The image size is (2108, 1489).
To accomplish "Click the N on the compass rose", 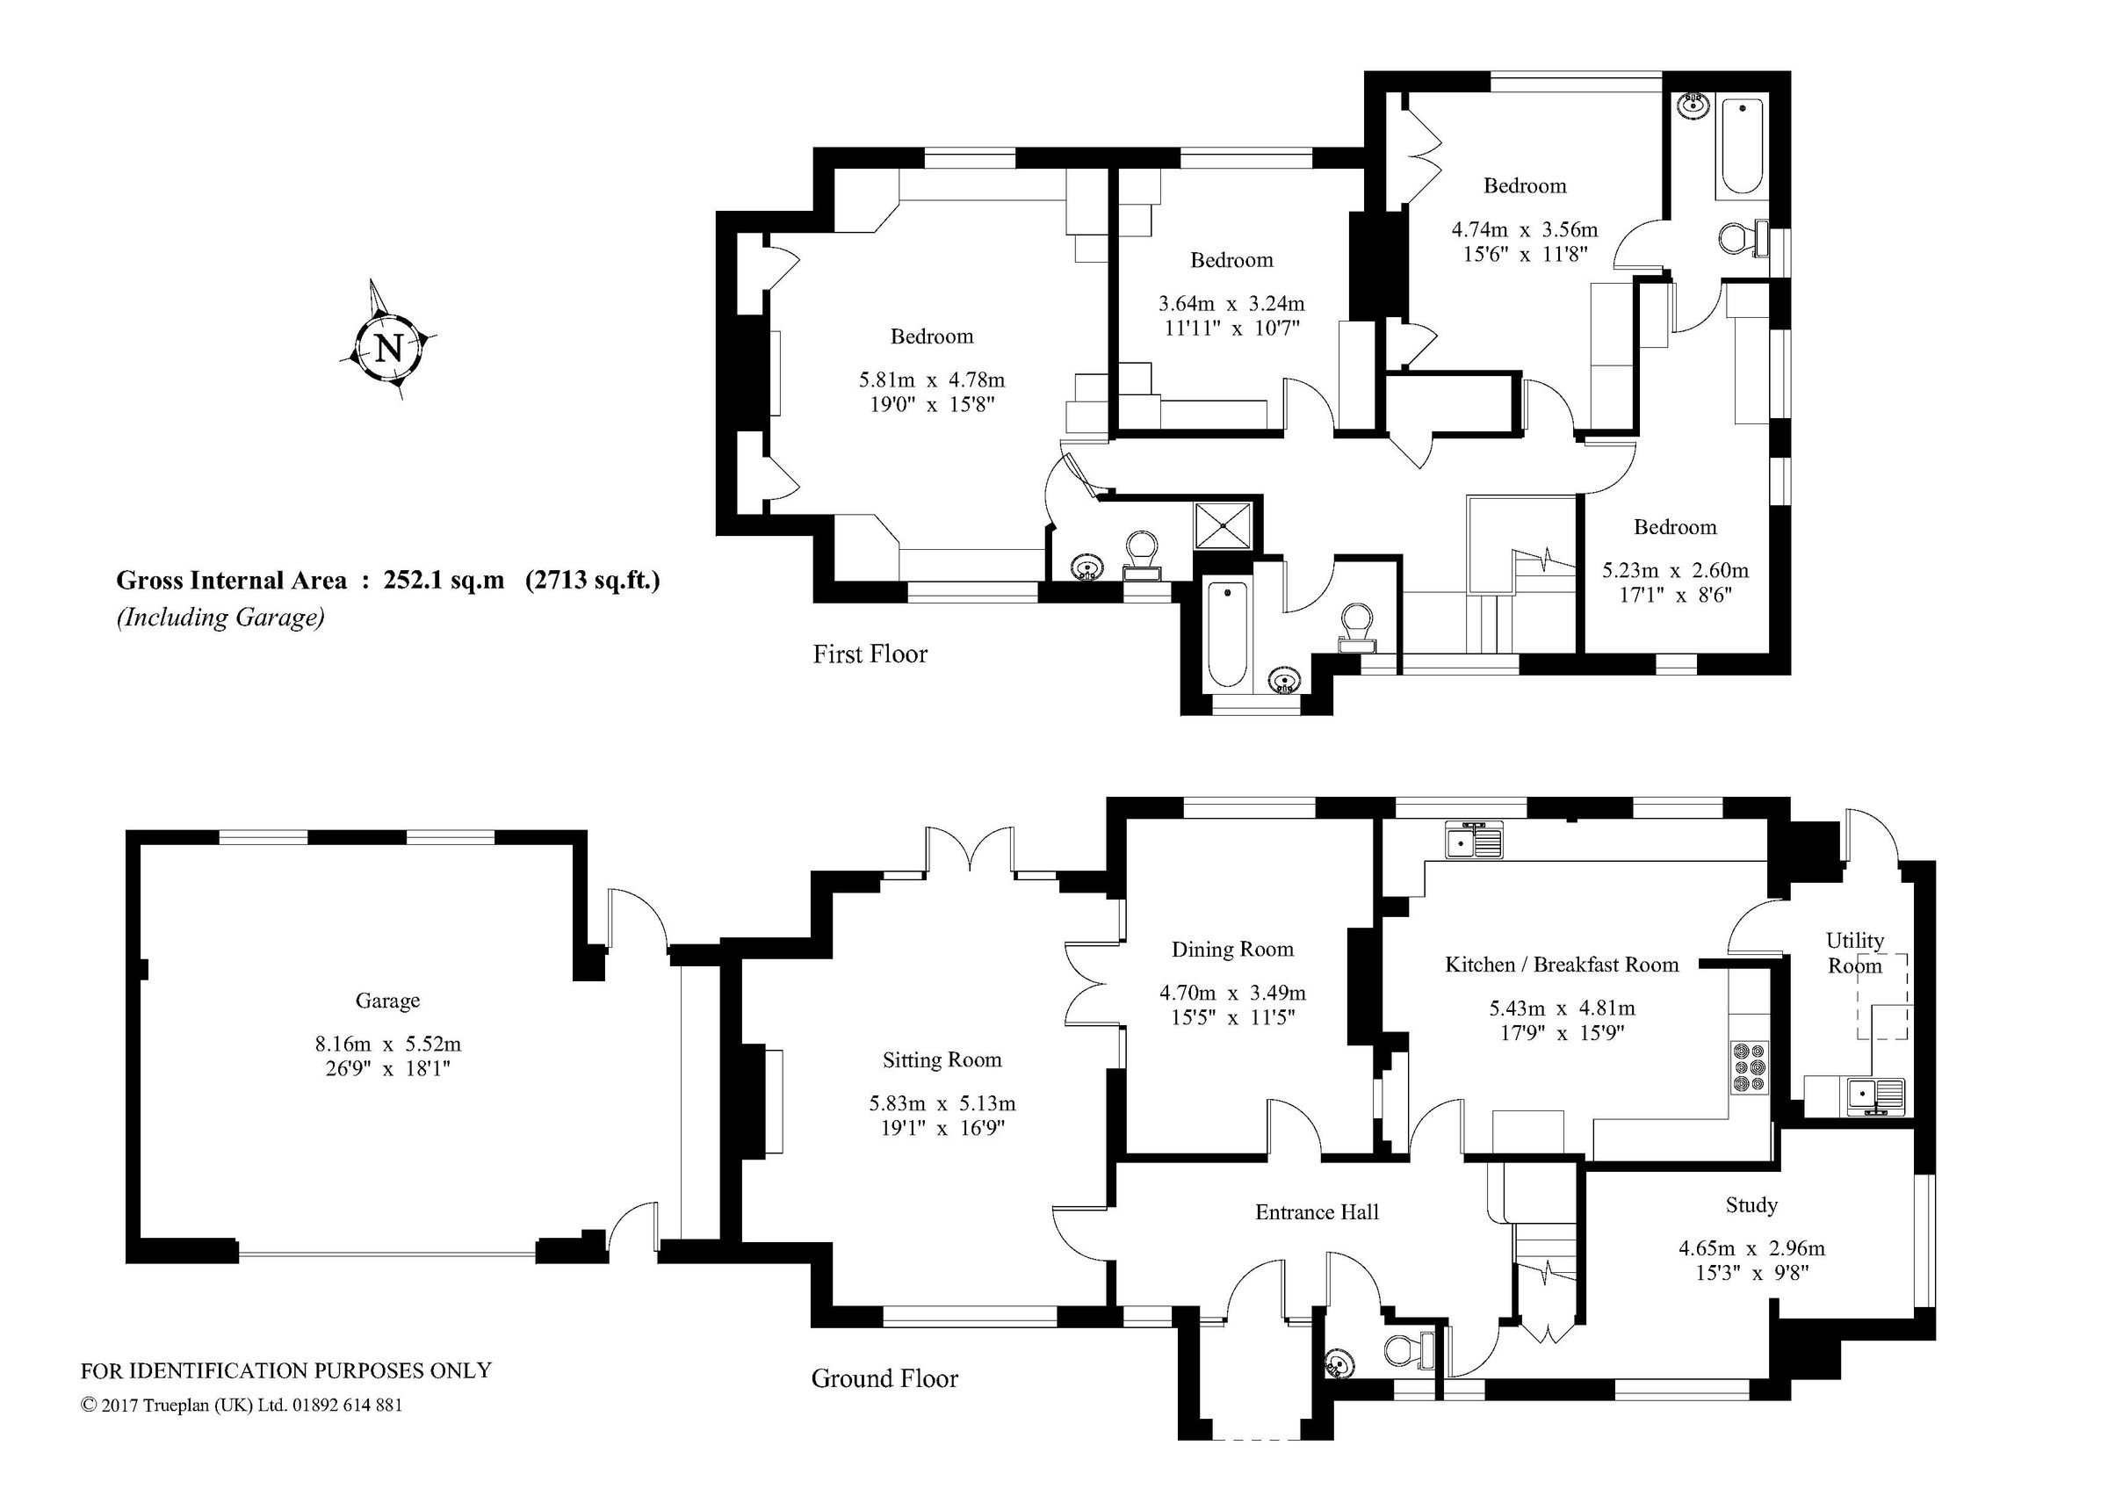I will [390, 348].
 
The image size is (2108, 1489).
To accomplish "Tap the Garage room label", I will [387, 1001].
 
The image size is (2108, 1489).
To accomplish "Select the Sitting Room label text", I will [942, 1059].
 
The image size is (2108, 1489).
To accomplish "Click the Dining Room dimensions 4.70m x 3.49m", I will [1232, 992].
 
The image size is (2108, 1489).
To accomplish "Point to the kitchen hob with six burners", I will [1749, 1067].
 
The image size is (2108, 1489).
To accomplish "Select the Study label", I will [1751, 1204].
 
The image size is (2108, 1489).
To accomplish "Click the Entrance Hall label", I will [1317, 1211].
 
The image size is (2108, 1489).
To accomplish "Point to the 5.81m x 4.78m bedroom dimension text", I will [931, 379].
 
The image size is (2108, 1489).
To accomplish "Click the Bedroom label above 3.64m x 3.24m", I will [1231, 260].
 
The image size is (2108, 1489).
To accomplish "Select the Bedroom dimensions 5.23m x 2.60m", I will [1675, 570].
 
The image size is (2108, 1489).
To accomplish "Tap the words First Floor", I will [870, 654].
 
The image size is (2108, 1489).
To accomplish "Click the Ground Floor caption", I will [884, 1378].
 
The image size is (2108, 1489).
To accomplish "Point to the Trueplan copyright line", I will [242, 1405].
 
